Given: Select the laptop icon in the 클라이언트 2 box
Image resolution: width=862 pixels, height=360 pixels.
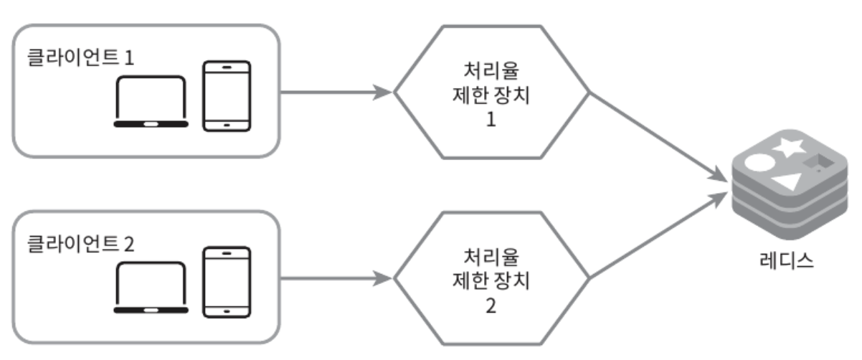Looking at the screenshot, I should [x=151, y=287].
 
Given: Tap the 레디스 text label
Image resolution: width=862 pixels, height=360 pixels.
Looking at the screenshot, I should [x=787, y=259].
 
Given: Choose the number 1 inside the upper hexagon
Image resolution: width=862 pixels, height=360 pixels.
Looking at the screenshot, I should [x=491, y=120].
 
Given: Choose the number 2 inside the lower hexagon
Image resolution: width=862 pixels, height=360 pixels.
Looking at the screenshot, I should [x=491, y=306].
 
